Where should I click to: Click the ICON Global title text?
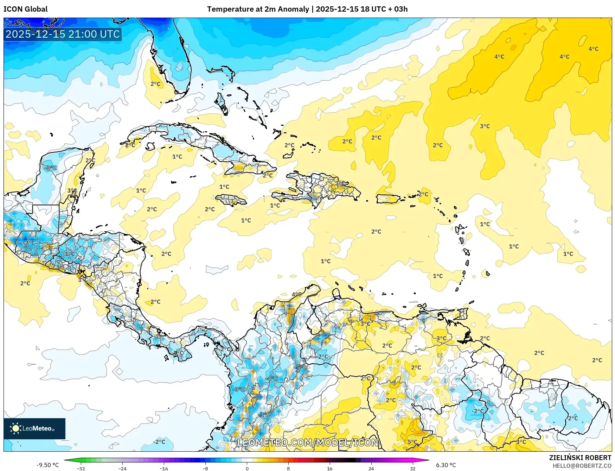point(25,9)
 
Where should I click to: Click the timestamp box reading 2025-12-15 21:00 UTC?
point(63,34)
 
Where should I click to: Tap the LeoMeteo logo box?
point(34,428)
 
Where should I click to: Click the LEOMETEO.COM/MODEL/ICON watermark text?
point(308,442)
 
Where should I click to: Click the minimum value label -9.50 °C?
point(48,465)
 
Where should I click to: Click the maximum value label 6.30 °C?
point(446,465)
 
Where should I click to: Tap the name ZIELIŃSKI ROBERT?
point(580,458)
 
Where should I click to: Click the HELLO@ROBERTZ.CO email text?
point(582,466)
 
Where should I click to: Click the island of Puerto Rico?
point(388,199)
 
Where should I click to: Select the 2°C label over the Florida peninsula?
point(155,84)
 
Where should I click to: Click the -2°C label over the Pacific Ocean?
point(159,441)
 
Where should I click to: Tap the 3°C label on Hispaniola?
point(340,183)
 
